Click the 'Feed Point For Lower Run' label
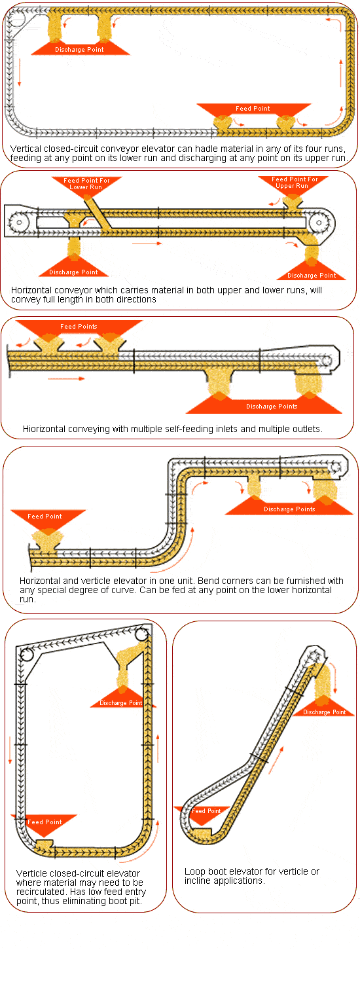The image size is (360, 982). tap(86, 184)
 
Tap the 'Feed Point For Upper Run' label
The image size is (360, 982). tap(295, 183)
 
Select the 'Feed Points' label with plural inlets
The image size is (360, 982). tap(79, 327)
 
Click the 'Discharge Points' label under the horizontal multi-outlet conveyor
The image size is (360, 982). tap(272, 407)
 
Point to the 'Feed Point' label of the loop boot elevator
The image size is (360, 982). tap(206, 811)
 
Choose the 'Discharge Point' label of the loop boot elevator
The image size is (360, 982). tap(325, 712)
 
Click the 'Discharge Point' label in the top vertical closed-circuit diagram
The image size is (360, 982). tap(79, 50)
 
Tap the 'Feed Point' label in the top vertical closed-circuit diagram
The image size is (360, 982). tap(253, 108)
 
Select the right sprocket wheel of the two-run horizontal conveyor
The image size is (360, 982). tap(319, 223)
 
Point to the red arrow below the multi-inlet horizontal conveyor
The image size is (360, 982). tap(66, 378)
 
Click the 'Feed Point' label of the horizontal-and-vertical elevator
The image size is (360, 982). tap(45, 517)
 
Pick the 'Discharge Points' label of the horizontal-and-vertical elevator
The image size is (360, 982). tap(289, 509)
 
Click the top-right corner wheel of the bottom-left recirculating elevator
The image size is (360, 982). tap(141, 634)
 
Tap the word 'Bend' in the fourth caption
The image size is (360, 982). tap(208, 581)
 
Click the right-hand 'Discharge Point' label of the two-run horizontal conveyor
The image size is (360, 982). tap(312, 276)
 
